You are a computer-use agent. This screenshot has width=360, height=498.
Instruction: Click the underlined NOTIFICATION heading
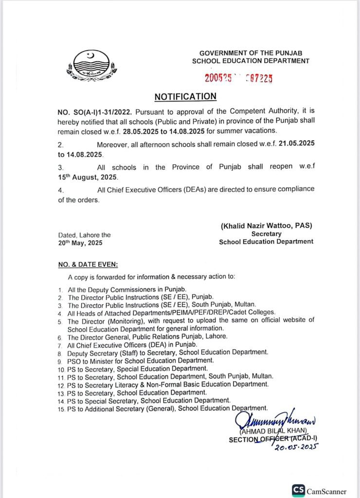tap(185, 97)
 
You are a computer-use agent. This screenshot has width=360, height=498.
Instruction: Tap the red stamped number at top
tap(238, 77)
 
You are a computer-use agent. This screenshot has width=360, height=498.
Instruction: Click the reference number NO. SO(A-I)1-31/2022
tap(94, 112)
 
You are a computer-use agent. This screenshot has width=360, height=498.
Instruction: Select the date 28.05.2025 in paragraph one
tap(142, 131)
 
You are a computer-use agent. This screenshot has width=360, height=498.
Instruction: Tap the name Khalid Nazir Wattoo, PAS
tap(266, 226)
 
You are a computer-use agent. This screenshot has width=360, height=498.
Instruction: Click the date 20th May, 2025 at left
tap(80, 243)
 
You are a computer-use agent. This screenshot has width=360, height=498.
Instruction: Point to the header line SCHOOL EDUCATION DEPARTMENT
tap(251, 61)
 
